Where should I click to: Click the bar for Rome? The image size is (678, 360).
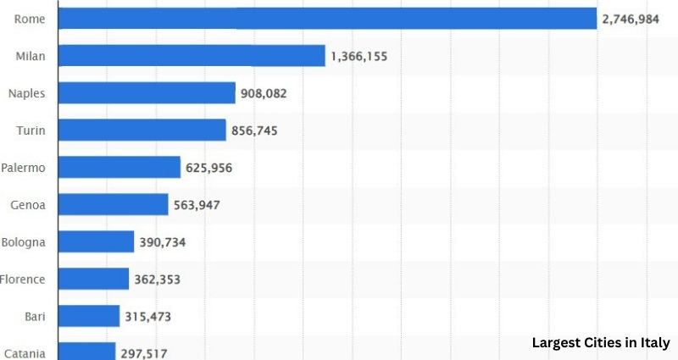coord(328,18)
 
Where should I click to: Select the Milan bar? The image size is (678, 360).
coord(192,56)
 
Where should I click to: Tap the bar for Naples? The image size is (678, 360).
coord(147,93)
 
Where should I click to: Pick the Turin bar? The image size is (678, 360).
coord(142,130)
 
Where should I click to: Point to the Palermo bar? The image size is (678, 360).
coord(119,168)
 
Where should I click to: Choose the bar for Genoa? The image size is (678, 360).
coord(114,205)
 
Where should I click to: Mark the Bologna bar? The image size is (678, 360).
coord(97,242)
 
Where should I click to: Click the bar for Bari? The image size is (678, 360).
coord(89,316)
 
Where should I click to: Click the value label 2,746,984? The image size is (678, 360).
coord(636,19)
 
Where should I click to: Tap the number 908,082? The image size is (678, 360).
coord(264,93)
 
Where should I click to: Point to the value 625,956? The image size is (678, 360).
coord(209,168)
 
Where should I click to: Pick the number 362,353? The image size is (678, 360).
coord(158,279)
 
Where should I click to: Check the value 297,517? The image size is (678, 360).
coord(144,352)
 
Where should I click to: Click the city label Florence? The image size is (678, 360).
coord(23,279)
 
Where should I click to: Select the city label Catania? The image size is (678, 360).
coord(25,353)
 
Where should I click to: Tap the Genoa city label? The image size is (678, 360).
coord(28,205)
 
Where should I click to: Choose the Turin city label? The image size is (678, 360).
coord(31,130)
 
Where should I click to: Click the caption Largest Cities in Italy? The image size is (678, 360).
coord(601,343)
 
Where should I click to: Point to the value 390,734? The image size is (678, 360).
coord(163,242)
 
